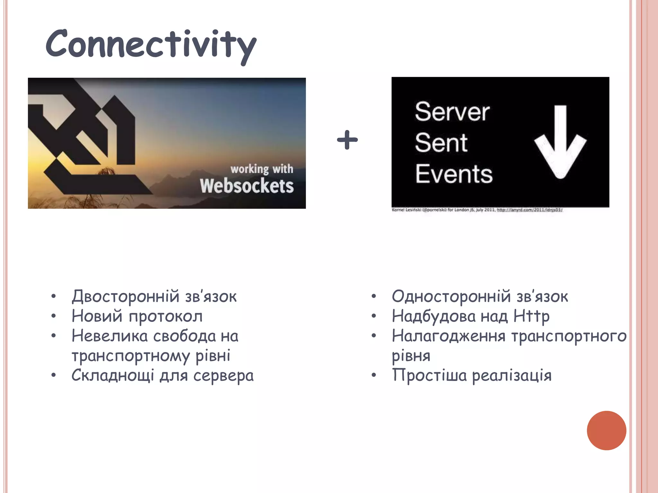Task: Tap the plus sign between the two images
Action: [347, 140]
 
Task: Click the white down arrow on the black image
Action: [560, 141]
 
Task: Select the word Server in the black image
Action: [452, 112]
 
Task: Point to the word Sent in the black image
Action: [441, 143]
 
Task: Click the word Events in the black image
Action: [454, 174]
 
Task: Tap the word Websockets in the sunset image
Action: [247, 186]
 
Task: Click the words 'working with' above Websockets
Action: [262, 169]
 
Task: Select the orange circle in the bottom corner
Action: [606, 430]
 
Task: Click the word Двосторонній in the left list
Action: [125, 296]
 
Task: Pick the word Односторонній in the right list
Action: [451, 296]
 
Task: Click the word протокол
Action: [166, 316]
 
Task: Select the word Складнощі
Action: [113, 376]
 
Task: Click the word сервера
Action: [223, 376]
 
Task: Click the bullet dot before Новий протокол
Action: [54, 316]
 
